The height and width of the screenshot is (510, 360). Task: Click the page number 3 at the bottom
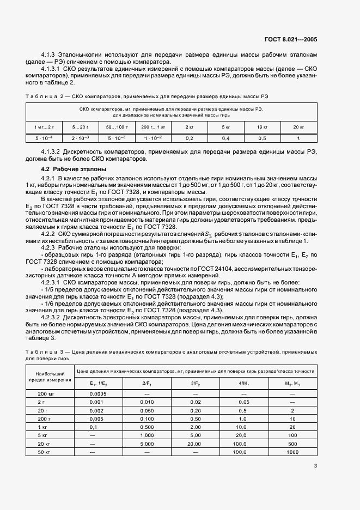[x=315, y=466]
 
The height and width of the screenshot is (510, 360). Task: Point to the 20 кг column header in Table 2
[x=297, y=126]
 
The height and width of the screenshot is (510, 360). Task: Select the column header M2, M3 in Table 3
[x=292, y=384]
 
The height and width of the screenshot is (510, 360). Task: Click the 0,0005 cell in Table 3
[x=98, y=394]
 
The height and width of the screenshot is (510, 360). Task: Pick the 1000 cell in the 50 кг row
[x=292, y=453]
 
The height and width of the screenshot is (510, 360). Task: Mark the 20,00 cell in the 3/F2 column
[x=196, y=444]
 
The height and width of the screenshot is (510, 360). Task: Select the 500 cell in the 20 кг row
[x=292, y=444]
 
